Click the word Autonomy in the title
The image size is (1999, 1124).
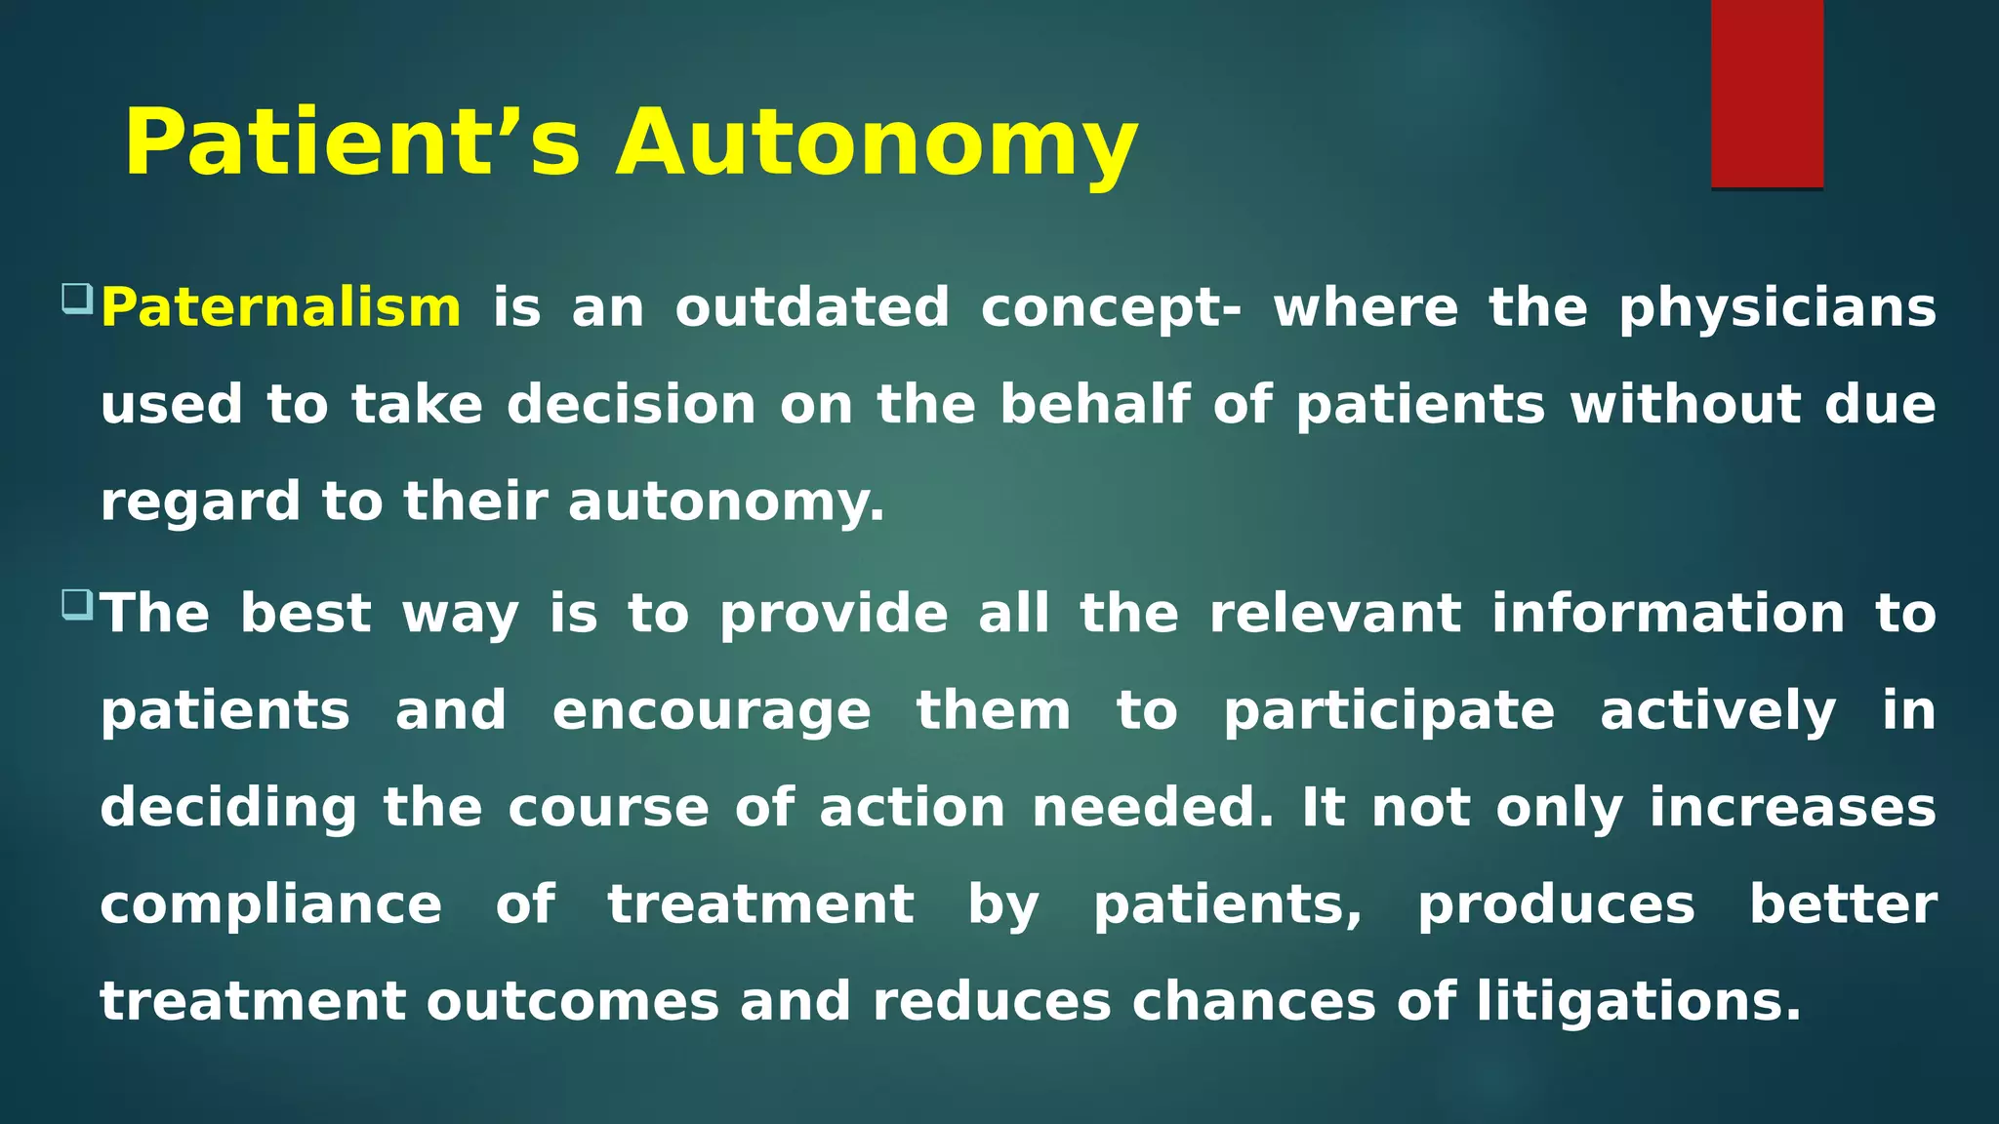[x=876, y=143]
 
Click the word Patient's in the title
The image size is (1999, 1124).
[x=352, y=143]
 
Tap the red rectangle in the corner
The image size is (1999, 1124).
[x=1767, y=94]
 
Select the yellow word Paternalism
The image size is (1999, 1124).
[x=281, y=308]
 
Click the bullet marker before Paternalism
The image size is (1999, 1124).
[x=76, y=298]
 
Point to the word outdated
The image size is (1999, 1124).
[x=811, y=308]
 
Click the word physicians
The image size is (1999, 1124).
[x=1776, y=308]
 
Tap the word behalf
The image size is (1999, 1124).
[x=1095, y=405]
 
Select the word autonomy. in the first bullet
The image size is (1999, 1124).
[x=726, y=502]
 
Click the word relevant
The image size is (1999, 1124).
[x=1335, y=614]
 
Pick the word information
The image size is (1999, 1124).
[x=1667, y=614]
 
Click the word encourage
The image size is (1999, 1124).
[x=711, y=711]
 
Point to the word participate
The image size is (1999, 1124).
[x=1388, y=711]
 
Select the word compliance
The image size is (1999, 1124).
[x=271, y=905]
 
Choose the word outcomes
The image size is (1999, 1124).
[x=572, y=1002]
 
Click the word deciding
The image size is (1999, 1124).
[x=228, y=809]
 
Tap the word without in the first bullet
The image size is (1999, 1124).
[x=1685, y=405]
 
